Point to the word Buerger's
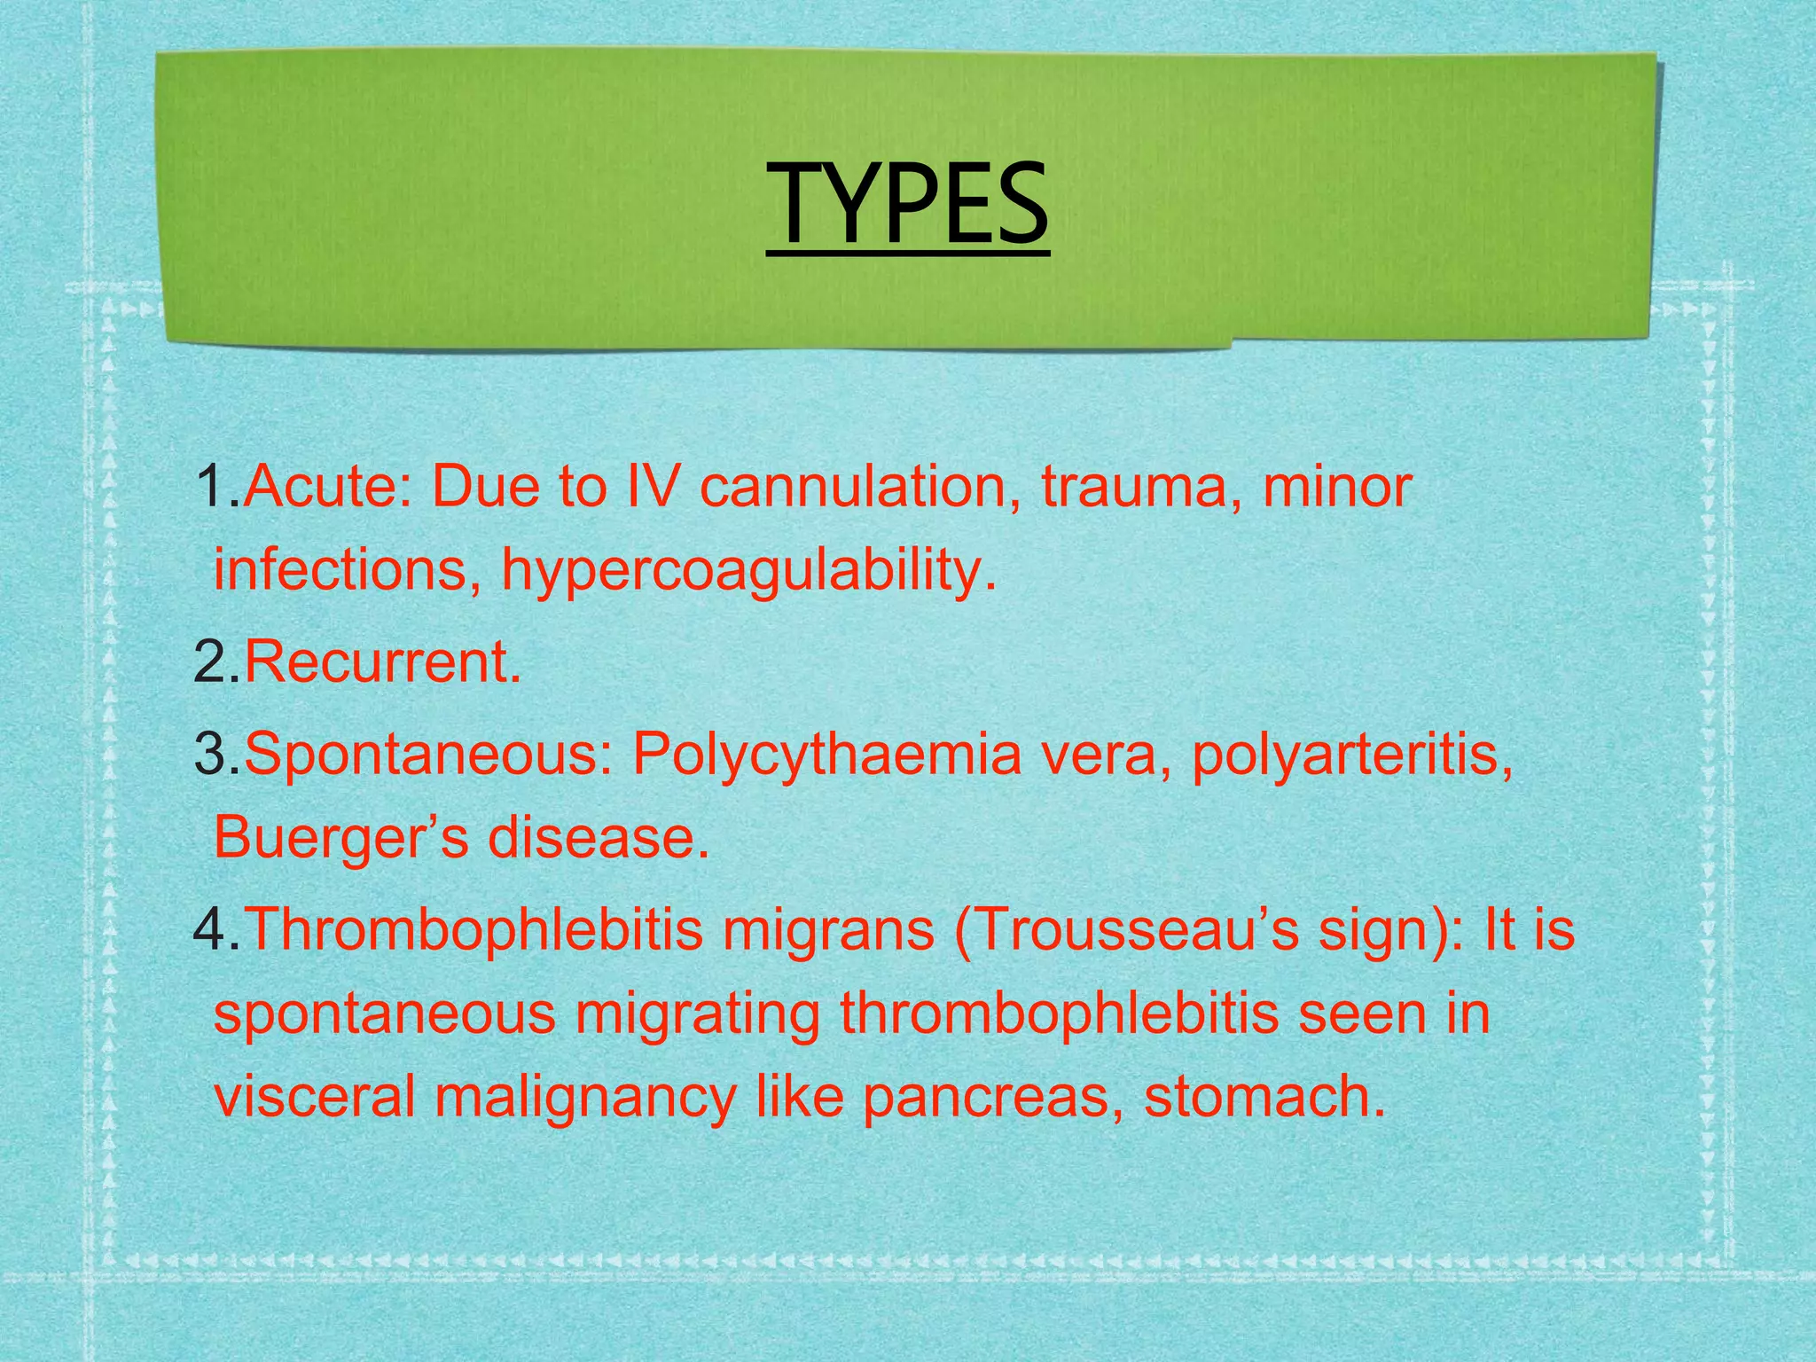pos(340,837)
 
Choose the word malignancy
pos(585,1098)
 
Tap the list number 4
pos(209,929)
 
